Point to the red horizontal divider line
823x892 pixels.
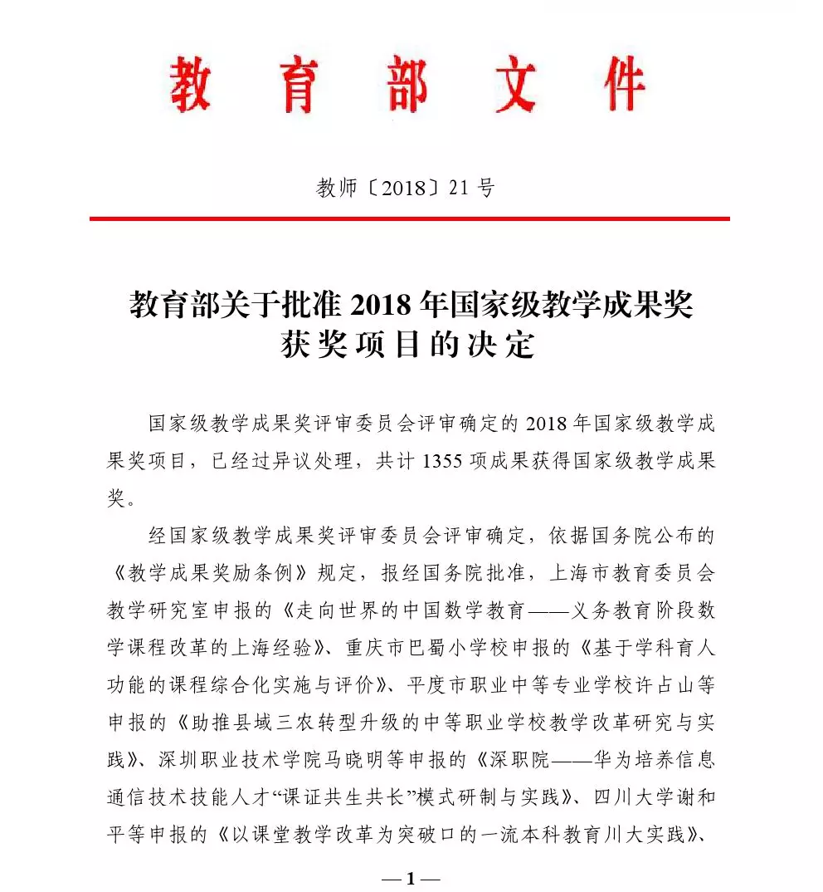[x=410, y=218]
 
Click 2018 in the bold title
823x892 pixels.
[x=382, y=305]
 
